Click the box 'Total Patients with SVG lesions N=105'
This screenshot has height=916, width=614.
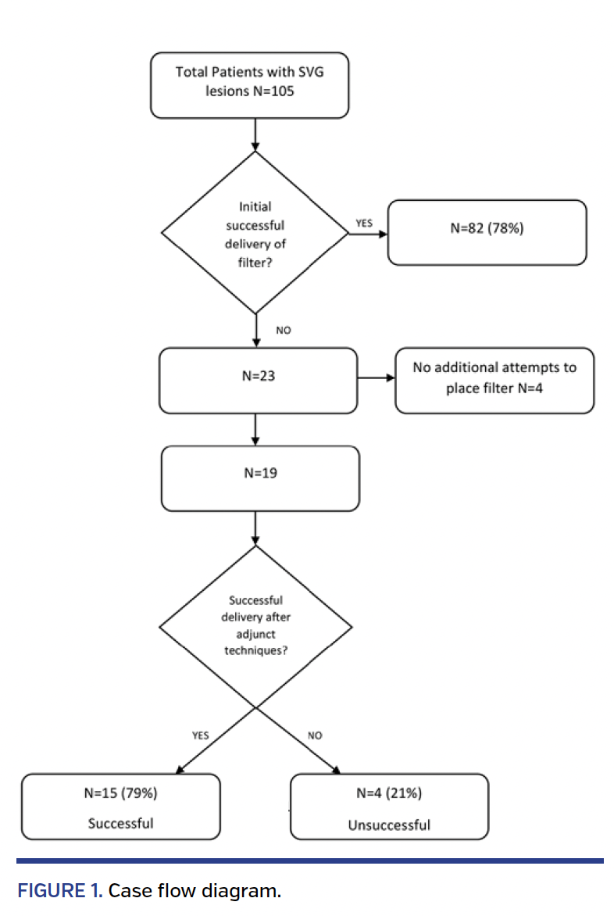(x=249, y=85)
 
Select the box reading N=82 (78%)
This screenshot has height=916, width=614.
(x=487, y=232)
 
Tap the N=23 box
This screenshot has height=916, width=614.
(x=258, y=381)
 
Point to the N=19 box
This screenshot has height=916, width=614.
(x=259, y=478)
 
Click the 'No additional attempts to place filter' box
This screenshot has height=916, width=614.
(x=494, y=381)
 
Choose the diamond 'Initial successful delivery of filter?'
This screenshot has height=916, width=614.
(x=255, y=232)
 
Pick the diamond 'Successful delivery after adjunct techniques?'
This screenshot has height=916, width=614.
(x=255, y=626)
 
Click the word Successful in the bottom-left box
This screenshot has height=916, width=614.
(x=120, y=823)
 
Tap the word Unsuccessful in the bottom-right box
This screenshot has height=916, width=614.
(x=389, y=825)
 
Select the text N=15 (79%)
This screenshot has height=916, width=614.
(x=120, y=793)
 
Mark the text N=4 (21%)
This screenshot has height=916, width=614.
(x=389, y=793)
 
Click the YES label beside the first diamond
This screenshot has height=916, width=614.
(x=364, y=223)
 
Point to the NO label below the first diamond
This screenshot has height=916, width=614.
(x=283, y=331)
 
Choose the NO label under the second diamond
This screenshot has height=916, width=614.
(x=315, y=735)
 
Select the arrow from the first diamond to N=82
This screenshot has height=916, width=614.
(x=368, y=233)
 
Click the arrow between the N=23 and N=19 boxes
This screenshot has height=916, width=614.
(x=255, y=429)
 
